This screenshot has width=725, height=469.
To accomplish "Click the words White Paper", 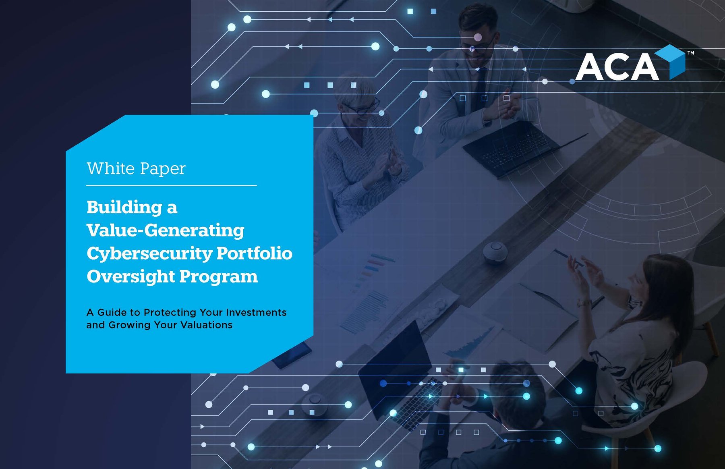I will [136, 168].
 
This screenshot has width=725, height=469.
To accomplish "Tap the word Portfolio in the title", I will [255, 253].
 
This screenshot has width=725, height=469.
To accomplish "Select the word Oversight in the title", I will [130, 277].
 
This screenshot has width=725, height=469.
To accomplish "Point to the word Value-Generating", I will [165, 230].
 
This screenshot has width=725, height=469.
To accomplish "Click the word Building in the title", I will [124, 207].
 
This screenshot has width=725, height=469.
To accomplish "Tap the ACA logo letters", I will [616, 67].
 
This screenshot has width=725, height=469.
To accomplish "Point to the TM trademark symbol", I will [691, 53].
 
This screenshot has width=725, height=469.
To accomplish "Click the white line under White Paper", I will [171, 186].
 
